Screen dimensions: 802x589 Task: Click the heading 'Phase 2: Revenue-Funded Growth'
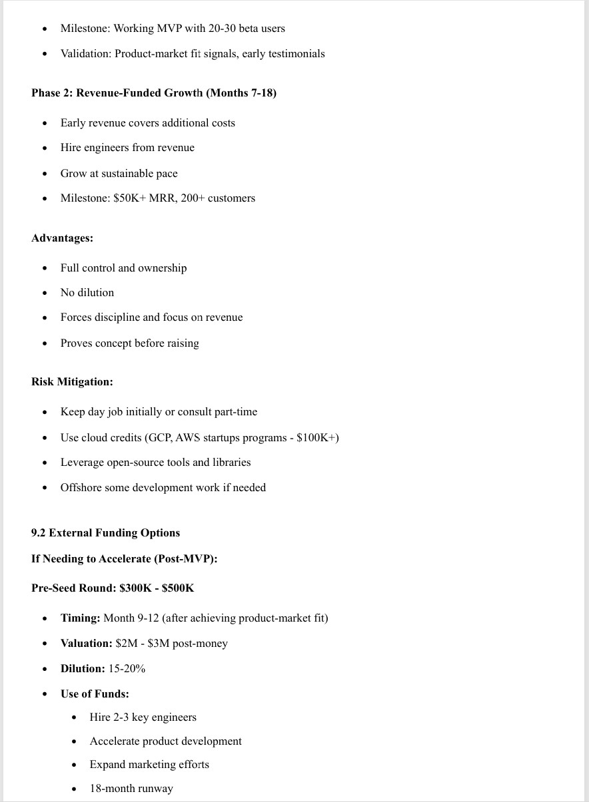117,93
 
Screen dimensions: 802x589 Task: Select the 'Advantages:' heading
62,238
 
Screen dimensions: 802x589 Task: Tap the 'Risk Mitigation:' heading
72,381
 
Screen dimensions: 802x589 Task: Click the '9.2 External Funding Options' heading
105,532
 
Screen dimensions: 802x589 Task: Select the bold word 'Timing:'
80,618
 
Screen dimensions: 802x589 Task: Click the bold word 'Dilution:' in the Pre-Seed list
83,668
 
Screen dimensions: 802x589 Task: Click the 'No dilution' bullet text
87,292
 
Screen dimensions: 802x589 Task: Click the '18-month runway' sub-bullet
131,789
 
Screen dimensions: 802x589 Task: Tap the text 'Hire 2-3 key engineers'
143,717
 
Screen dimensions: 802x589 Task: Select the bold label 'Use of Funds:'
95,694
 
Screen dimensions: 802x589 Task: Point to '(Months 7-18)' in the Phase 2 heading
241,93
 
